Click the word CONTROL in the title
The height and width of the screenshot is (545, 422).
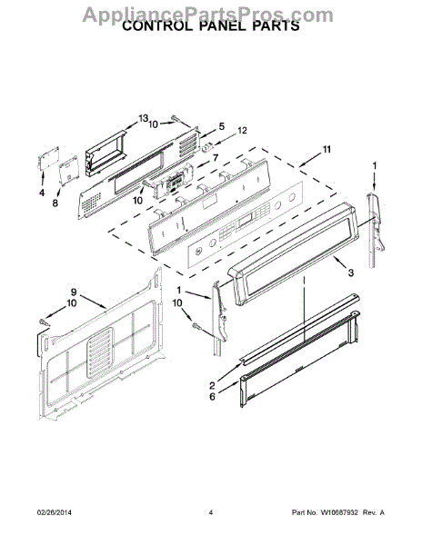tap(157, 25)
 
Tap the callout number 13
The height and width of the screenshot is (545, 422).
tap(144, 118)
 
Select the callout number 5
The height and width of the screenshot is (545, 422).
tap(222, 126)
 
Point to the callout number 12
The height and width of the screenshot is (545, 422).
tap(242, 130)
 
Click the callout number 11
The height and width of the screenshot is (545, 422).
tap(327, 150)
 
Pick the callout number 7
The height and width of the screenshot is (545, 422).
tap(216, 158)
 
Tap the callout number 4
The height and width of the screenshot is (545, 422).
tap(42, 193)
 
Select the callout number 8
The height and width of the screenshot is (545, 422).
tap(55, 203)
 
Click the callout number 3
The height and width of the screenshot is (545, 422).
tap(351, 272)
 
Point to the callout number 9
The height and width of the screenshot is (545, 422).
tap(74, 292)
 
